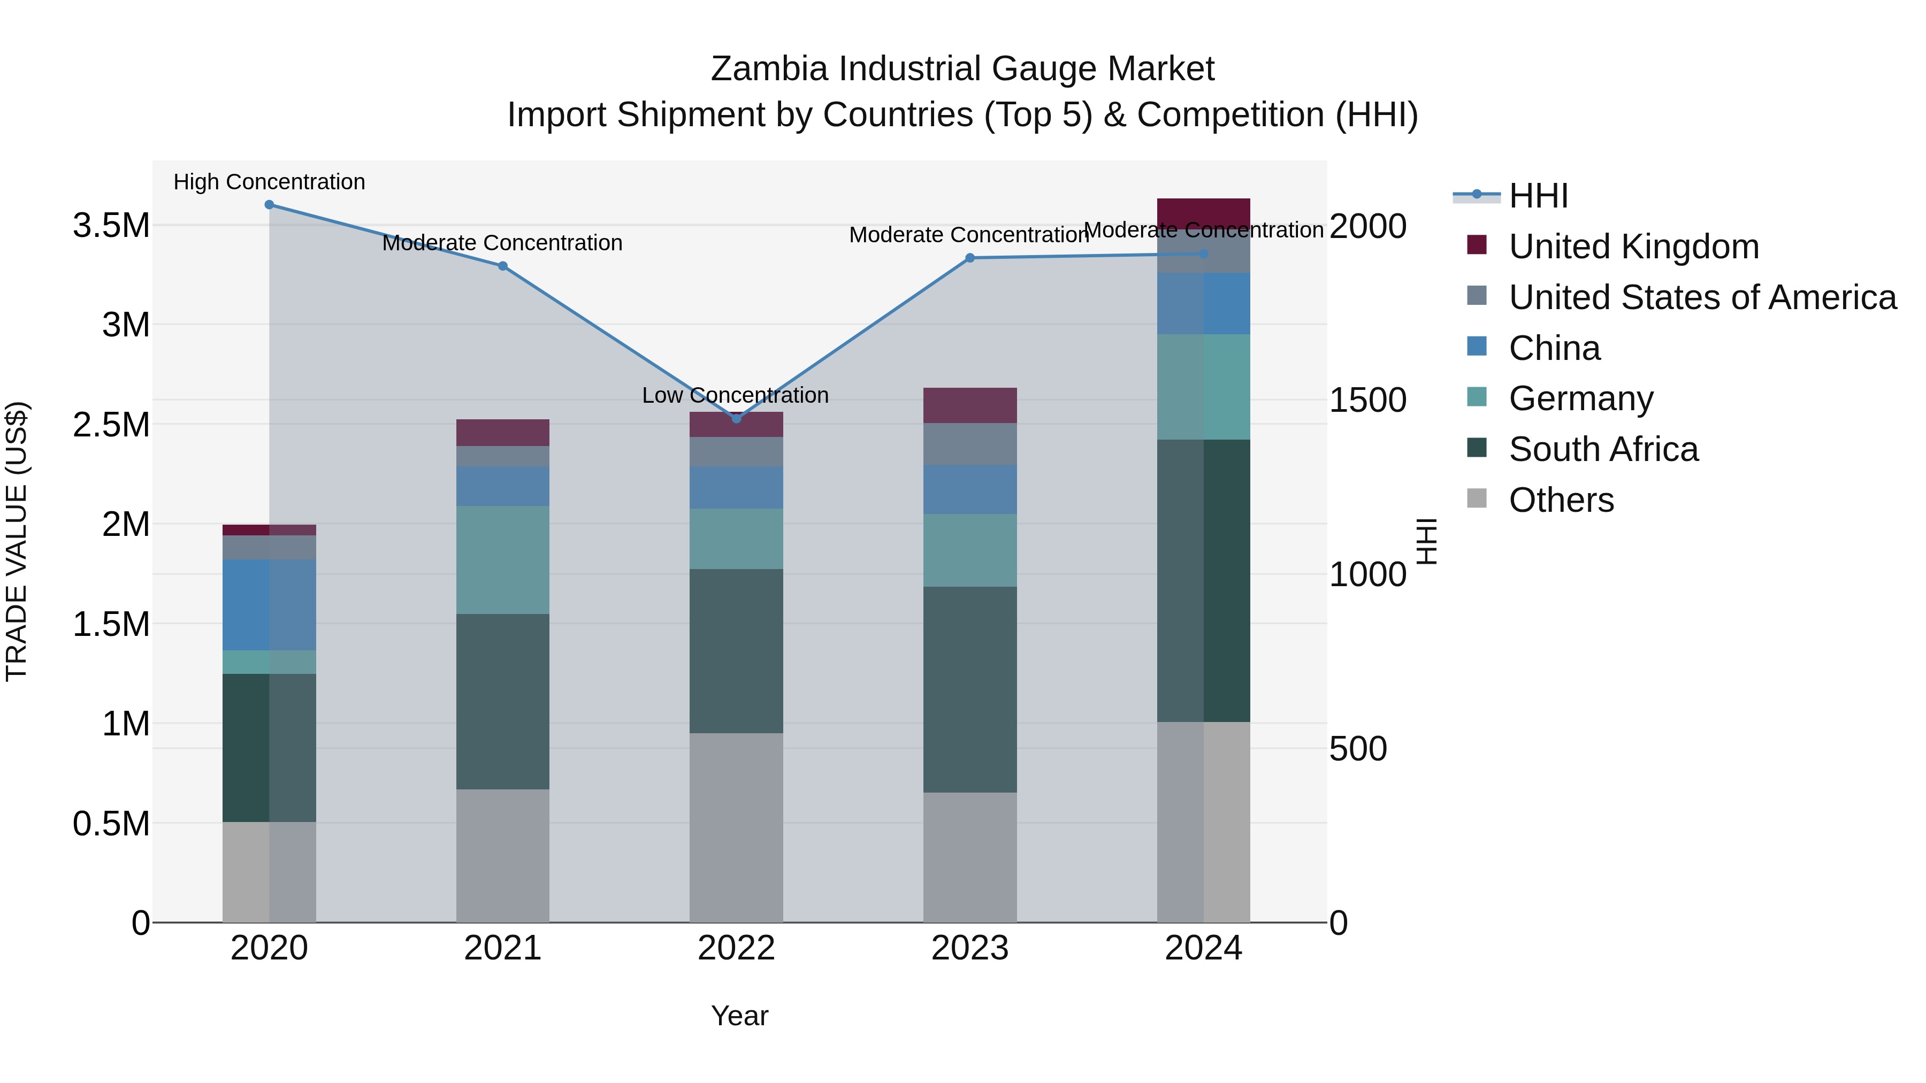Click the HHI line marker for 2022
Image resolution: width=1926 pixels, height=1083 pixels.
click(x=737, y=419)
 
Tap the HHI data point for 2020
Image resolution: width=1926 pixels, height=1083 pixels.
click(x=269, y=205)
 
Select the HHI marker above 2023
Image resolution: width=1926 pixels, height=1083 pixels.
click(x=970, y=258)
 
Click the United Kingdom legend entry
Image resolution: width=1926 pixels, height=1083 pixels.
click(x=1634, y=247)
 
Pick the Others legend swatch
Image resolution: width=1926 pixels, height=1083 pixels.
click(x=1477, y=498)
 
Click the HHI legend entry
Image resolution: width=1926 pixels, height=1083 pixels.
click(x=1538, y=196)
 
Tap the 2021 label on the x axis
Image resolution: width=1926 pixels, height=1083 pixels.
click(x=502, y=948)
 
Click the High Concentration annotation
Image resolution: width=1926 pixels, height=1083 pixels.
click(x=269, y=182)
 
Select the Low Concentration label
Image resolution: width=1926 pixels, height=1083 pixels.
click(x=735, y=395)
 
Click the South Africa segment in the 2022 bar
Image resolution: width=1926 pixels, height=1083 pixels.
click(x=737, y=650)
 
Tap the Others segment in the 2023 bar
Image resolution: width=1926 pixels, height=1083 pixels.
click(x=970, y=857)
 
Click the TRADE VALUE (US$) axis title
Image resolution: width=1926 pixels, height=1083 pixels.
click(x=17, y=541)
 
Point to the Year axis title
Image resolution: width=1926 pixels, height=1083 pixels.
click(x=739, y=1016)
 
